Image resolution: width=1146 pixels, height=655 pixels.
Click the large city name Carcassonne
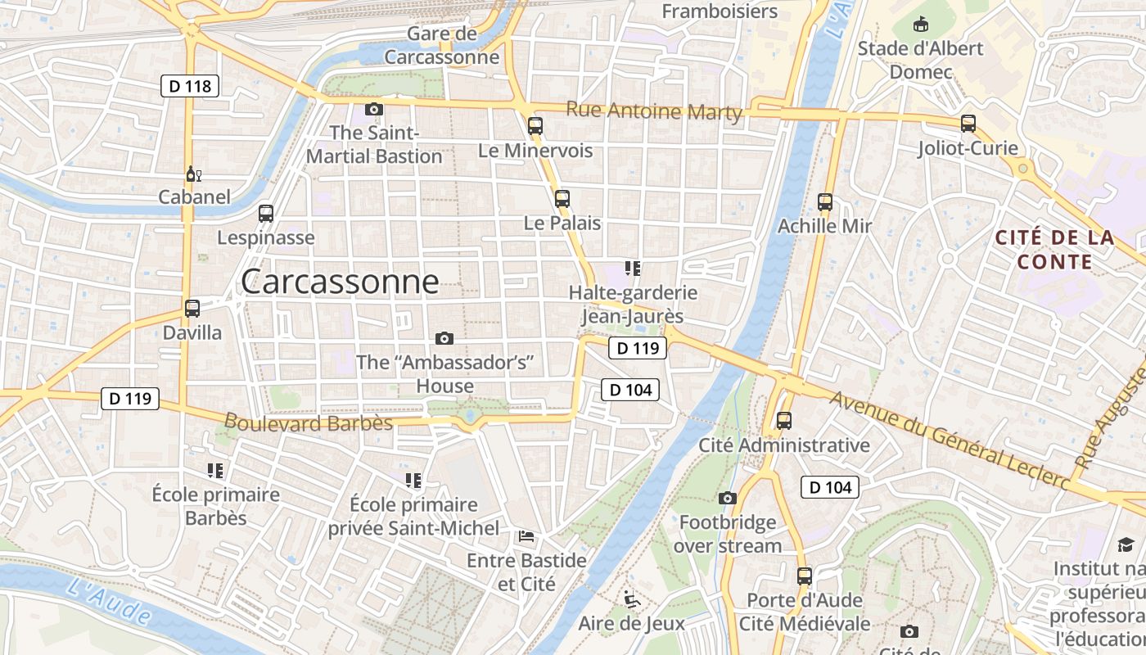(340, 282)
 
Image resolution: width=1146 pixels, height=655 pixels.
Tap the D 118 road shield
(190, 85)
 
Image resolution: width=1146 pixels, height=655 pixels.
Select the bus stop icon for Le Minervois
(535, 126)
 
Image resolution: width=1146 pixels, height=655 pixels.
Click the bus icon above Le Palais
(562, 199)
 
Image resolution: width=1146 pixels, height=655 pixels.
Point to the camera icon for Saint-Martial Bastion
(373, 109)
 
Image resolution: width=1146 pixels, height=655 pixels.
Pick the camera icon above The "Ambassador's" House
(444, 338)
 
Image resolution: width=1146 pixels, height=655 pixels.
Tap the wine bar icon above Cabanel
(193, 174)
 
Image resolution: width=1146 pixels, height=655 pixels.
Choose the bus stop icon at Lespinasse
(265, 214)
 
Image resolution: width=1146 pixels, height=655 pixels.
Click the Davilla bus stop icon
(192, 309)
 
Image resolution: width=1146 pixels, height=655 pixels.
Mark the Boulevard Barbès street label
(308, 422)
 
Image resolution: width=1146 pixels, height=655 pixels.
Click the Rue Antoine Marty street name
(654, 111)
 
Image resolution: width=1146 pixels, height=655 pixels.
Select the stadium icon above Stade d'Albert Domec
(921, 24)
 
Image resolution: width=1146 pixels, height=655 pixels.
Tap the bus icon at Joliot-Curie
(968, 124)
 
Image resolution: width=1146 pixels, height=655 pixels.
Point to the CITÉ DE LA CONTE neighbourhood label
(1054, 250)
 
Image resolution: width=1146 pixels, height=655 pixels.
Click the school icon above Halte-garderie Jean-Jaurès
(632, 268)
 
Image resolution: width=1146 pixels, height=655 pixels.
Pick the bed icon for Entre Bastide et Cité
(526, 537)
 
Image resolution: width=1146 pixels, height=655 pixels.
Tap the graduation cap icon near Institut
(1126, 545)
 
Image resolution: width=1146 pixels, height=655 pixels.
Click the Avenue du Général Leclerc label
(950, 440)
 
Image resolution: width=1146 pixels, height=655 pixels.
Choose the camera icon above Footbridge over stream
(727, 498)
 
